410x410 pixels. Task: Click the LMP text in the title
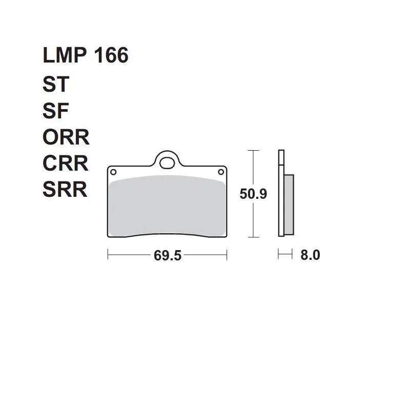pos(65,55)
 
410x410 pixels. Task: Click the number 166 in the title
pos(111,55)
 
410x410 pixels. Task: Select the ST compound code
pos(56,84)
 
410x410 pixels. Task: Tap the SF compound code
pos(55,111)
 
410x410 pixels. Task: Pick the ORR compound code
pos(66,137)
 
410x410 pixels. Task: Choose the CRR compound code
pos(66,163)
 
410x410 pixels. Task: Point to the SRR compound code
pos(65,189)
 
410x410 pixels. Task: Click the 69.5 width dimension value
pos(168,255)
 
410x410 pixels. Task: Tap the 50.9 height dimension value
pos(253,194)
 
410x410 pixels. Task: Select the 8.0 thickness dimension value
pos(310,255)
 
